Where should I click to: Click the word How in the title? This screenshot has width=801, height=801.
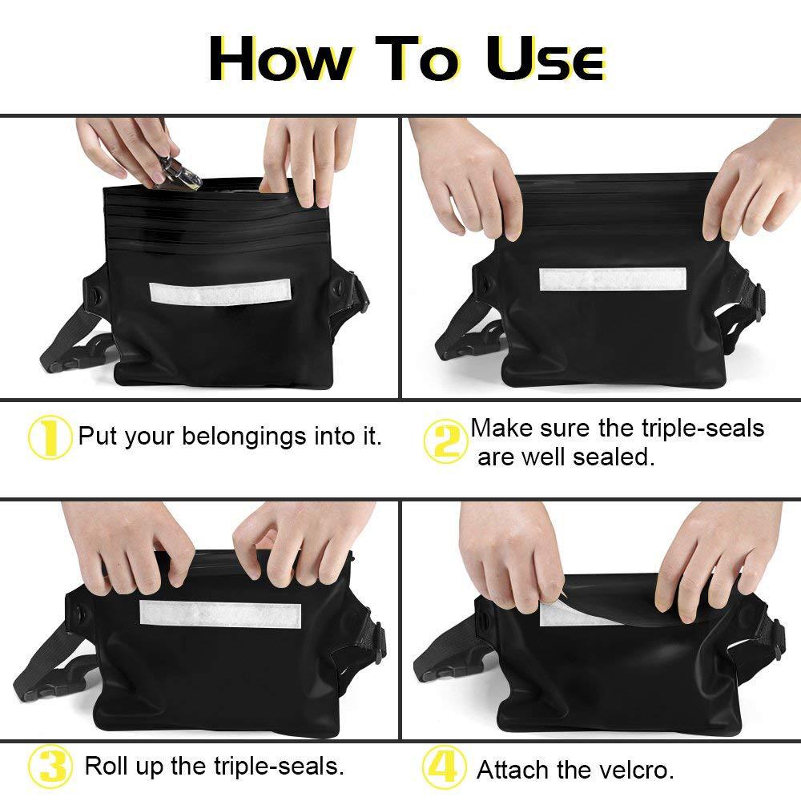(x=280, y=58)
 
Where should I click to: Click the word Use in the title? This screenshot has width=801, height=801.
(x=545, y=58)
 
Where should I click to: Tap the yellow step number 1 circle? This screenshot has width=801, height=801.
(x=50, y=437)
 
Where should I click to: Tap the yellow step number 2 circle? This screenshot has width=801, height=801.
(x=445, y=441)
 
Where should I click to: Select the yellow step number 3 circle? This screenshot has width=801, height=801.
(x=50, y=767)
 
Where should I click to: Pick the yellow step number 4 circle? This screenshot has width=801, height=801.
(x=444, y=767)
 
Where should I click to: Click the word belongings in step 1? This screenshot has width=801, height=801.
(x=244, y=437)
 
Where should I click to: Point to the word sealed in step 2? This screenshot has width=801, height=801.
(x=614, y=457)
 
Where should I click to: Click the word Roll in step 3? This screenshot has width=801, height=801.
(x=103, y=766)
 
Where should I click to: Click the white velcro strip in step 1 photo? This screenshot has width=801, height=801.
(x=220, y=292)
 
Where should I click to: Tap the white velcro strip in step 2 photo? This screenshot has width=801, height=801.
(x=613, y=279)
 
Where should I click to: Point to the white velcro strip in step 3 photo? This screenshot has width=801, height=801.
(x=220, y=614)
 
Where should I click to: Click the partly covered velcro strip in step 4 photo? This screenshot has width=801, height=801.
(x=572, y=615)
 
